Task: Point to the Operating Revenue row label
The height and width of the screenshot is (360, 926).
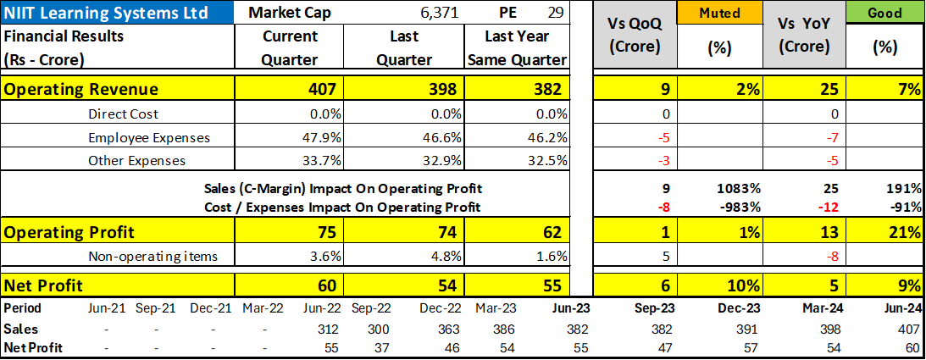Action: coord(81,90)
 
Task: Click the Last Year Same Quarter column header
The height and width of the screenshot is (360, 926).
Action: coord(516,48)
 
